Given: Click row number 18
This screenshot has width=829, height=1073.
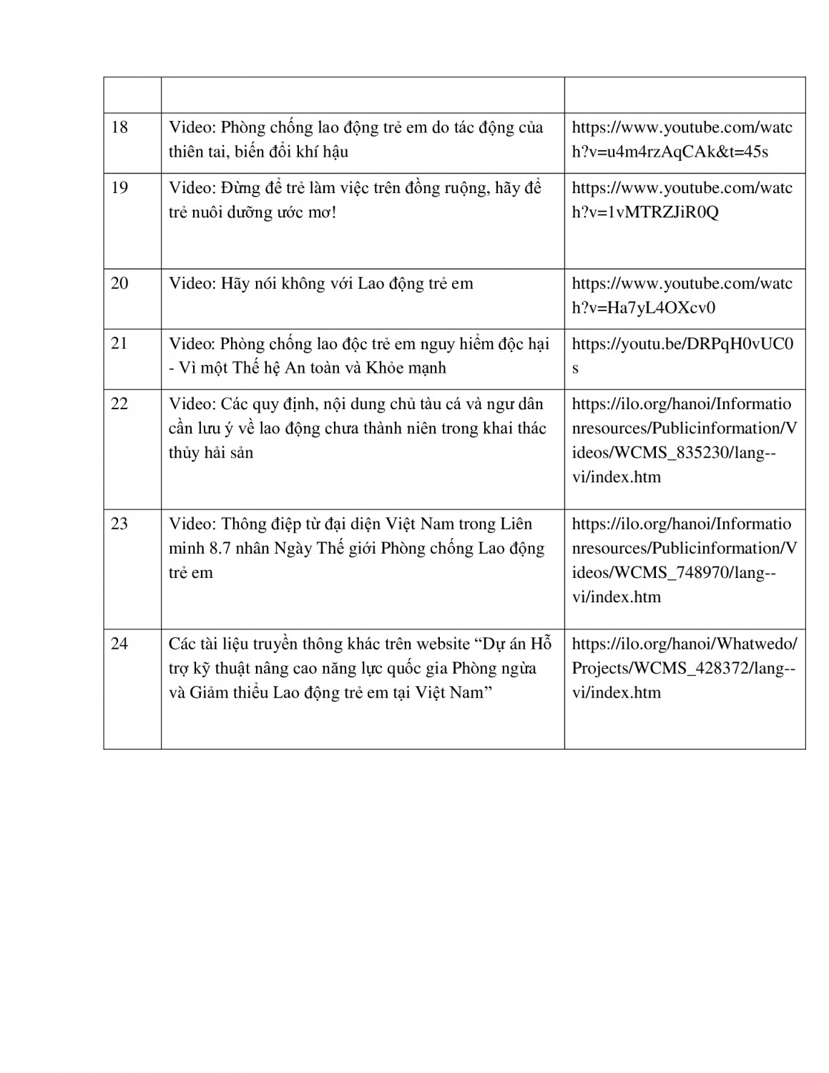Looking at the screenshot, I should click(120, 128).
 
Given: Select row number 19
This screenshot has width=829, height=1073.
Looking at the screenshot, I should click(120, 188).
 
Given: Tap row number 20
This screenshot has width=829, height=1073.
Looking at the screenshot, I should click(120, 283).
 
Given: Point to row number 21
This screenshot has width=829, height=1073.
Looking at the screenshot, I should click(120, 343).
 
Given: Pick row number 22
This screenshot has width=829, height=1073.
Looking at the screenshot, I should click(120, 403).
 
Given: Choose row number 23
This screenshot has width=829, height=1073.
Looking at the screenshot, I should click(120, 524).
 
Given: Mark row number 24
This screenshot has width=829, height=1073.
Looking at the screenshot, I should click(120, 644).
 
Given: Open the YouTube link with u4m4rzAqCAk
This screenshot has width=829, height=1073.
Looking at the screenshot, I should click(682, 139).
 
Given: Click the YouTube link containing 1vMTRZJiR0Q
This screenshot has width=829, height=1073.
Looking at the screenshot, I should click(682, 200).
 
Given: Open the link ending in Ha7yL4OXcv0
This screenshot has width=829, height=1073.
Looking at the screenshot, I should click(682, 295).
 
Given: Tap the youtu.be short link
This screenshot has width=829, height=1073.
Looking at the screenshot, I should click(682, 356).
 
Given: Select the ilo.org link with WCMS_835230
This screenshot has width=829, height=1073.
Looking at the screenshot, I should click(684, 440).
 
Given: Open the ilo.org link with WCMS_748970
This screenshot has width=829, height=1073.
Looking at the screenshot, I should click(684, 560).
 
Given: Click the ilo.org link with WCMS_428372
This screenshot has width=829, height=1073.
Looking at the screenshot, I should click(684, 667).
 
